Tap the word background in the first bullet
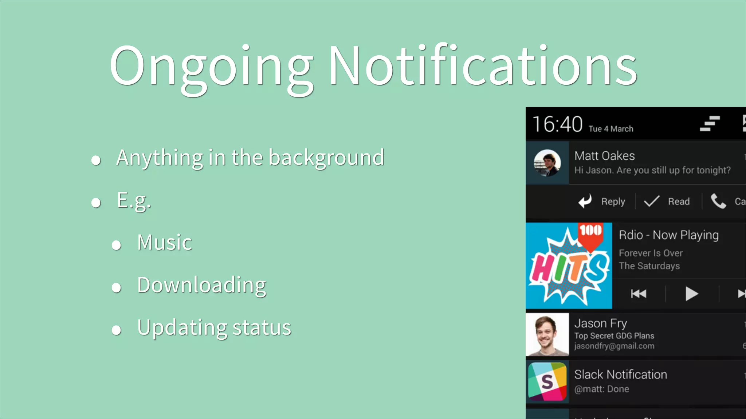[x=326, y=157]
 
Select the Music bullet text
[x=165, y=243]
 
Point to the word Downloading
[x=202, y=285]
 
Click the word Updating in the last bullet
[x=182, y=328]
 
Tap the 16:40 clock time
[x=557, y=124]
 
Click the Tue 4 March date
[x=611, y=129]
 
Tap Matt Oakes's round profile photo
[x=547, y=163]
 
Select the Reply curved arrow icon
[x=585, y=201]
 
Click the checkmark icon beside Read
[x=652, y=201]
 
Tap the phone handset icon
[x=719, y=201]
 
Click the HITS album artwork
[x=569, y=266]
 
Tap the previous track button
[x=639, y=294]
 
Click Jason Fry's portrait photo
[x=547, y=334]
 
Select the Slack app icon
[x=547, y=382]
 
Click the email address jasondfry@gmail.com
[x=614, y=346]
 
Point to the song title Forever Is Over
[x=651, y=253]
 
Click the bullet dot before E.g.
[x=96, y=203]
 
